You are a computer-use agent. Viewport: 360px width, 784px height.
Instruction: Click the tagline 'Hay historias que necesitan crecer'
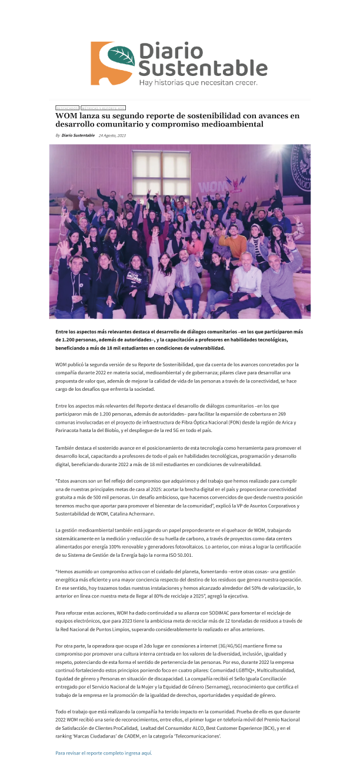tap(198, 83)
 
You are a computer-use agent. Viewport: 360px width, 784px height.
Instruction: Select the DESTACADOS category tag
tap(67, 108)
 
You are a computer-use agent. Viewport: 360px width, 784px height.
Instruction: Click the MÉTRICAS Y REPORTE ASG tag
tap(103, 108)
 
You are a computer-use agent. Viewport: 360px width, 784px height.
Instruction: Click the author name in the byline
tap(78, 135)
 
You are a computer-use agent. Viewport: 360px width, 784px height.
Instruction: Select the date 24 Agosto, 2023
tap(112, 135)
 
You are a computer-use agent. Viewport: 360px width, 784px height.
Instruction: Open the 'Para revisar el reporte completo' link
tap(103, 753)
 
